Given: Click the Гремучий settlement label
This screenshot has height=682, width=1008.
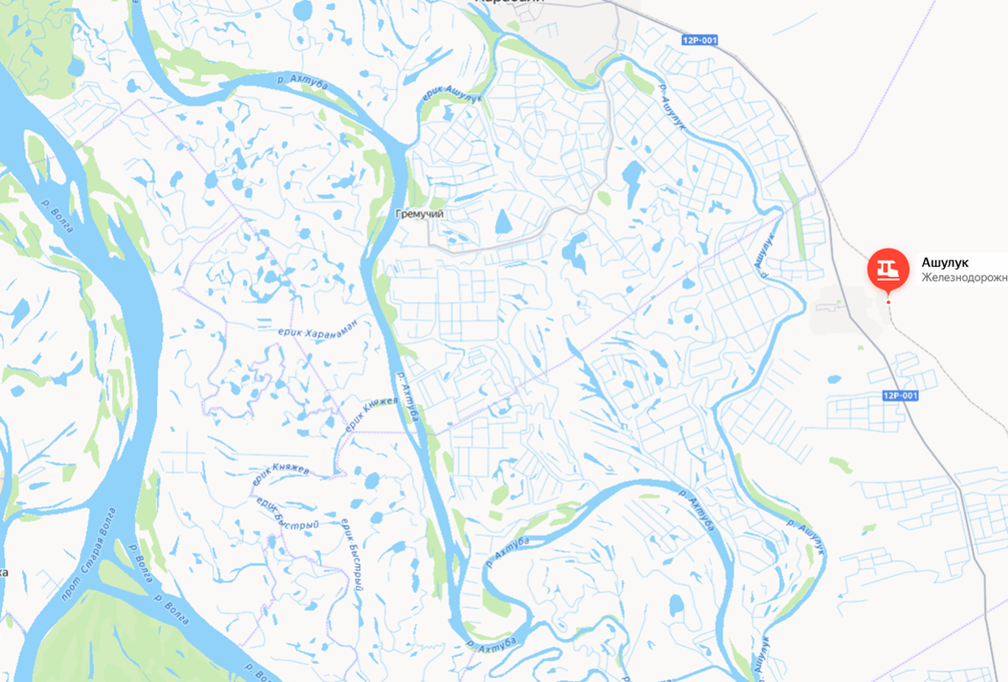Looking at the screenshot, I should [x=419, y=214].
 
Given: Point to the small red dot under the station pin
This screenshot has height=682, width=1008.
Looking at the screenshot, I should [x=888, y=302].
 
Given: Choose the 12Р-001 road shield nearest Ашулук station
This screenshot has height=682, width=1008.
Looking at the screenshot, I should [x=900, y=396].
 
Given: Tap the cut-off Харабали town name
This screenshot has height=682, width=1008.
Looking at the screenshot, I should [x=509, y=2].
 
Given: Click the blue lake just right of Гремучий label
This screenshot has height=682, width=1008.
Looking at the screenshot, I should [x=502, y=223].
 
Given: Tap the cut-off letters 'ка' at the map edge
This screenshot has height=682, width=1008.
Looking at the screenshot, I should [x=4, y=572].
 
